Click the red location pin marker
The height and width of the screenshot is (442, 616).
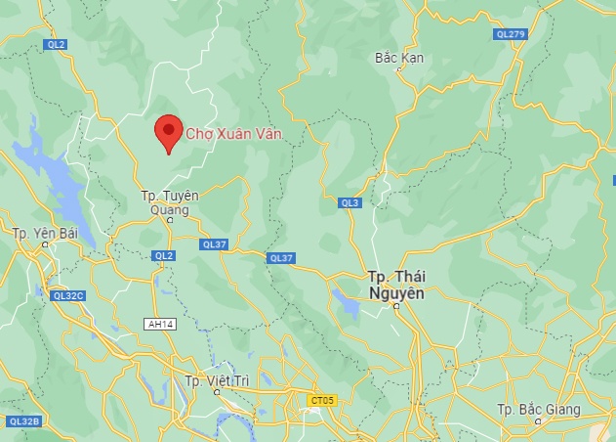[x=169, y=132]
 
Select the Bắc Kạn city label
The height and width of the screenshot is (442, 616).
[x=399, y=58]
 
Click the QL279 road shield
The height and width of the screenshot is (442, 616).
[x=511, y=34]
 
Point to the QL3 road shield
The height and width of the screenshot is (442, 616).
[x=350, y=202]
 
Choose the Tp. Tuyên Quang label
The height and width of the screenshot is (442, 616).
[x=169, y=201]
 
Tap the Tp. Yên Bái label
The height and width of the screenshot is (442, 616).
[x=44, y=233]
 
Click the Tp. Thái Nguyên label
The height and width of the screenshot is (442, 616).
[x=397, y=285]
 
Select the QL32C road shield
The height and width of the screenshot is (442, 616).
[x=68, y=294]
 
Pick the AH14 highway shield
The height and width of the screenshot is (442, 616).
[x=158, y=324]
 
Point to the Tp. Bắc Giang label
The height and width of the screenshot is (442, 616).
[x=538, y=409]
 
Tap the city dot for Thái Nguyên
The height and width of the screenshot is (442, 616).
[x=396, y=306]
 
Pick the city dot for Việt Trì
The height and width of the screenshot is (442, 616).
[x=217, y=392]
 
